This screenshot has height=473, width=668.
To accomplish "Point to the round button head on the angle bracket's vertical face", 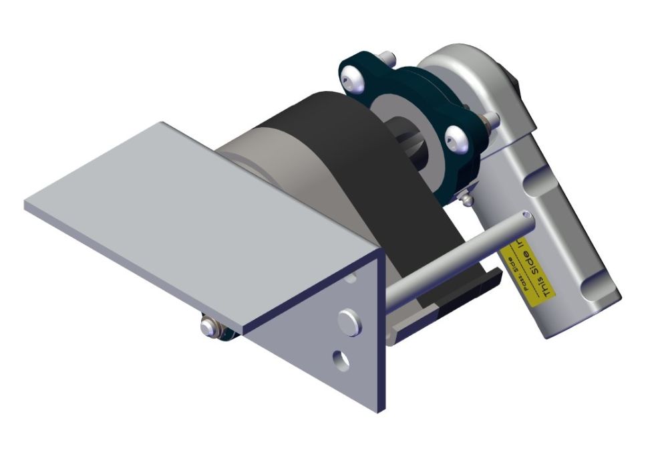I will tap(347, 317).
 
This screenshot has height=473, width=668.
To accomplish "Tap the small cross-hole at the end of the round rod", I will tap(528, 215).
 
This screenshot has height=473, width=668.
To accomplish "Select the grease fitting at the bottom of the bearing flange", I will tap(467, 197).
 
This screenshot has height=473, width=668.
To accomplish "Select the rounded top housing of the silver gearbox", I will tap(468, 67).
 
